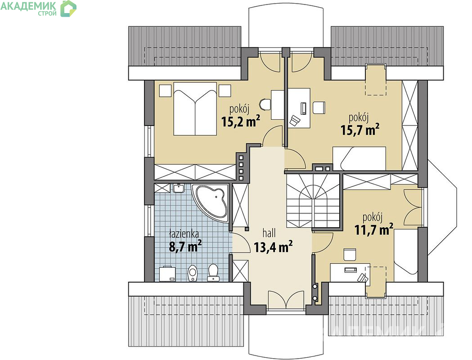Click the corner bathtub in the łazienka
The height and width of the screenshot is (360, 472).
211,202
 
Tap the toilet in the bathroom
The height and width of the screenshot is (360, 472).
213,273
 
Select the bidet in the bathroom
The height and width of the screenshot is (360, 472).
192,273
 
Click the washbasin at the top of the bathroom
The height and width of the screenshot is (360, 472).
179,188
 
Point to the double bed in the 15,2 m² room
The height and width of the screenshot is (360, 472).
195,108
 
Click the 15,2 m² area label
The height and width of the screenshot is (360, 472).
241,121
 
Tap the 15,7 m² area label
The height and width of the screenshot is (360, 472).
360,130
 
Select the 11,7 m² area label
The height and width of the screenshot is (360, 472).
374,230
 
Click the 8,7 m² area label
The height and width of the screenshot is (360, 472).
185,247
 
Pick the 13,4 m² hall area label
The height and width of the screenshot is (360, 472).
273,247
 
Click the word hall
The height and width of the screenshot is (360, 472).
269,233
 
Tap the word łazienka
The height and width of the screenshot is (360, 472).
184,234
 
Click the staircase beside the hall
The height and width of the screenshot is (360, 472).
313,201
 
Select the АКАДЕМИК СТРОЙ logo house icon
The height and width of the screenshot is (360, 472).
69,9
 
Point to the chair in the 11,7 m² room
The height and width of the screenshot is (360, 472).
350,255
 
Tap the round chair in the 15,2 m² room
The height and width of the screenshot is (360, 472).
265,104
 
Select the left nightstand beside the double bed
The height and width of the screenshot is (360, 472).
165,90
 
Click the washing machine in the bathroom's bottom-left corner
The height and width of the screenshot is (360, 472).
167,274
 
